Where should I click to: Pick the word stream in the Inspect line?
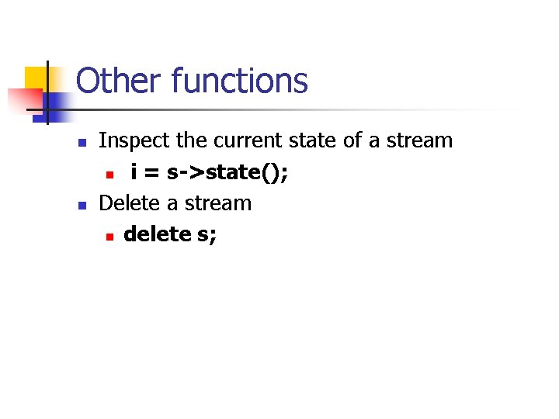[x=419, y=140]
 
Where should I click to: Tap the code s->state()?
[x=227, y=172]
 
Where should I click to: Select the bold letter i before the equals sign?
[x=134, y=171]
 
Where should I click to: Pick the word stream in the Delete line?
[x=218, y=203]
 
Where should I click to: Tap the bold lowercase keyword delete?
[x=158, y=234]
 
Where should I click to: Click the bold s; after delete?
[x=207, y=234]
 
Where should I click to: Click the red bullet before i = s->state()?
[x=110, y=174]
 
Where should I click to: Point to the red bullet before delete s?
[x=110, y=236]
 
